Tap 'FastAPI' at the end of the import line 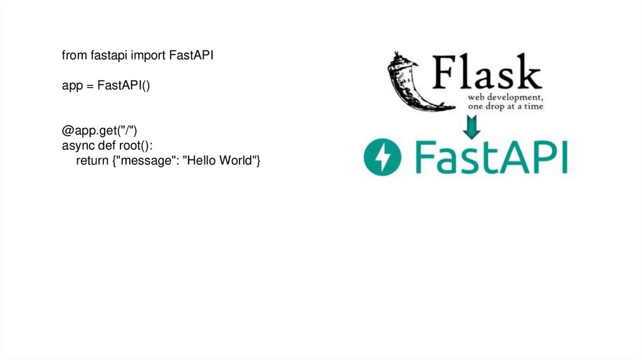192,56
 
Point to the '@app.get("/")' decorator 99,130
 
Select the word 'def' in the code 103,146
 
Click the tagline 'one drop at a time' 505,107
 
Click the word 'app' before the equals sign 71,86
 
